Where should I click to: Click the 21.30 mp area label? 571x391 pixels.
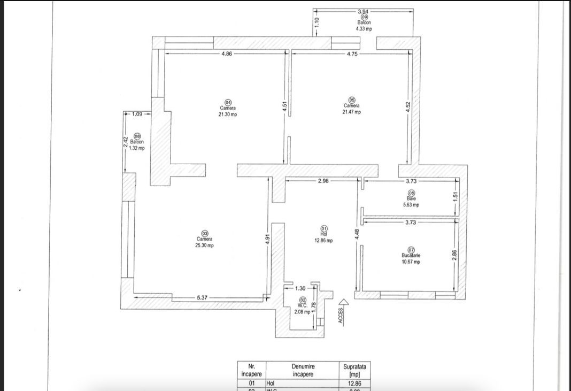pyautogui.click(x=227, y=114)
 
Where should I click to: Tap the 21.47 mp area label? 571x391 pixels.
pyautogui.click(x=351, y=112)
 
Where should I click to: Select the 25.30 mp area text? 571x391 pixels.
pyautogui.click(x=204, y=246)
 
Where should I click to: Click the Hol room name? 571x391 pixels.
pyautogui.click(x=323, y=234)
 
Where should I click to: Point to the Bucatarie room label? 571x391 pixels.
pyautogui.click(x=411, y=256)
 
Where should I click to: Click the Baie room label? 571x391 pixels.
pyautogui.click(x=411, y=198)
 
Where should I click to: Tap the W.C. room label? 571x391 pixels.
pyautogui.click(x=302, y=306)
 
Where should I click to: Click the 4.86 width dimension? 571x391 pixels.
pyautogui.click(x=227, y=53)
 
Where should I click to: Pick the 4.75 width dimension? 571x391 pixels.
pyautogui.click(x=352, y=53)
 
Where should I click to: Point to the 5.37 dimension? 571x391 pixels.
pyautogui.click(x=202, y=297)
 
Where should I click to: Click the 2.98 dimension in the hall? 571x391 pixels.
pyautogui.click(x=323, y=181)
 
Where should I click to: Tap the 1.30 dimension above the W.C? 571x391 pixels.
pyautogui.click(x=300, y=288)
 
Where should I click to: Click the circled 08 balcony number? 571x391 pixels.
pyautogui.click(x=137, y=136)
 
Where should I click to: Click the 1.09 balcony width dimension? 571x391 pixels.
pyautogui.click(x=137, y=113)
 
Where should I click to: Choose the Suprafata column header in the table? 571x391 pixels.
pyautogui.click(x=355, y=370)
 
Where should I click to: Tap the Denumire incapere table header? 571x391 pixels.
pyautogui.click(x=303, y=370)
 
